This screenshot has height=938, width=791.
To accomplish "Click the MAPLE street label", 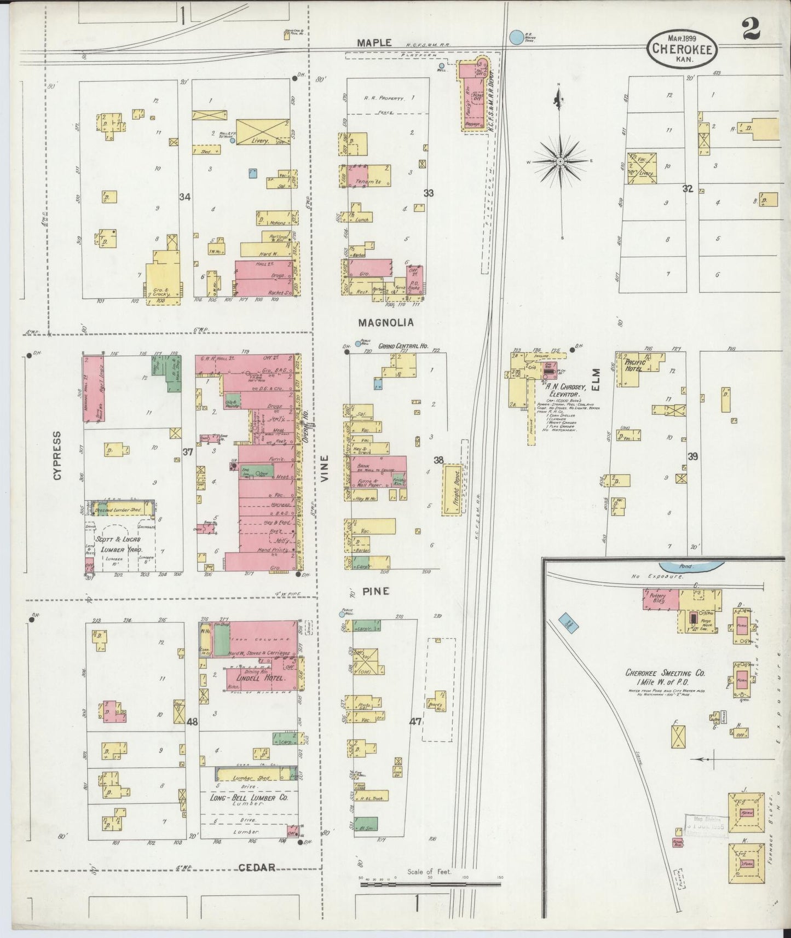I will [374, 42].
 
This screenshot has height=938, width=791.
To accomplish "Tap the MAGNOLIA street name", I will [386, 323].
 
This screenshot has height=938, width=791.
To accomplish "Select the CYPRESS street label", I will [57, 455].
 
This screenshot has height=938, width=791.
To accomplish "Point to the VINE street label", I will [325, 468].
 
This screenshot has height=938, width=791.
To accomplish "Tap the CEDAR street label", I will [257, 867].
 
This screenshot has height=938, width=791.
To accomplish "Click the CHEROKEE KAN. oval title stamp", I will [682, 49].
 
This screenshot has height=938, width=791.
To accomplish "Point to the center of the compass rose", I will [561, 162].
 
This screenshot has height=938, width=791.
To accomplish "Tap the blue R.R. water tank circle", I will [516, 37].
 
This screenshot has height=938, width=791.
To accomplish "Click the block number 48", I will [192, 722].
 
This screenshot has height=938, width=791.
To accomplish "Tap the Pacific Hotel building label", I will [634, 366].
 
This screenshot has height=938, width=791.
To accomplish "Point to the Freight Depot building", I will [452, 489].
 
